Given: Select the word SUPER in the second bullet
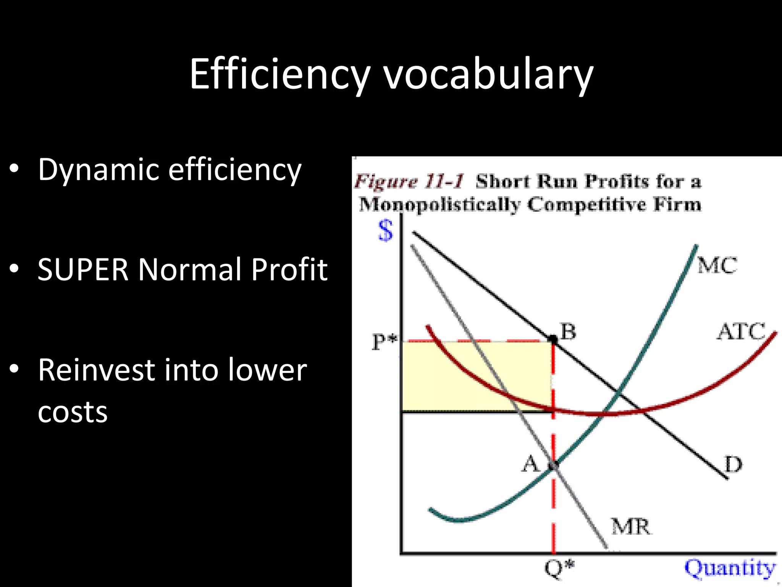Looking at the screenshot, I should click(83, 269).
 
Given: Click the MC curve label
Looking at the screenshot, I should click(717, 265).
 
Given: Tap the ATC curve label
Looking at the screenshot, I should click(741, 331).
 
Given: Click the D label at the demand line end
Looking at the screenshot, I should click(733, 465).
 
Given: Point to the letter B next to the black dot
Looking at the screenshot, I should click(568, 331).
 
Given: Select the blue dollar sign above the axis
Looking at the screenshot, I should click(385, 230).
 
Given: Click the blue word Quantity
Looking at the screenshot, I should click(730, 568).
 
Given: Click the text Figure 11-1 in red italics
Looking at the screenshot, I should click(409, 181).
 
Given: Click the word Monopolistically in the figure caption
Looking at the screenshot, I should click(439, 204).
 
